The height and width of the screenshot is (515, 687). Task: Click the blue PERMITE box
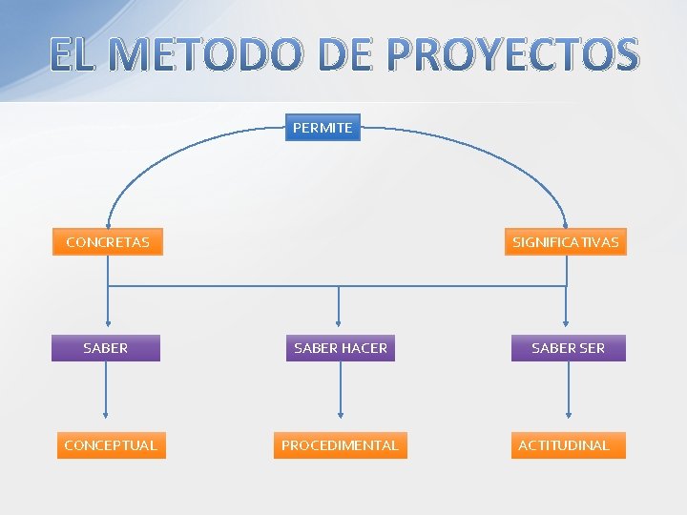(323, 128)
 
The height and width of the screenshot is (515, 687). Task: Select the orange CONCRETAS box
(107, 242)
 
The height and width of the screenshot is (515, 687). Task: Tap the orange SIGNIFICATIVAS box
(566, 242)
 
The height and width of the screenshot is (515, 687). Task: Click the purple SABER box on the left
(106, 348)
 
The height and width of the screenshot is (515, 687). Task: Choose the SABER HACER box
(341, 348)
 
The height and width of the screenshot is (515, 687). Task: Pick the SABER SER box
(568, 348)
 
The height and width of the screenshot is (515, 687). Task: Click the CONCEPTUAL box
(110, 445)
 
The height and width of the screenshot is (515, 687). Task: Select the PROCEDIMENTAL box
(340, 445)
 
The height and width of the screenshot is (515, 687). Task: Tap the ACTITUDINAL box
(564, 445)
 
